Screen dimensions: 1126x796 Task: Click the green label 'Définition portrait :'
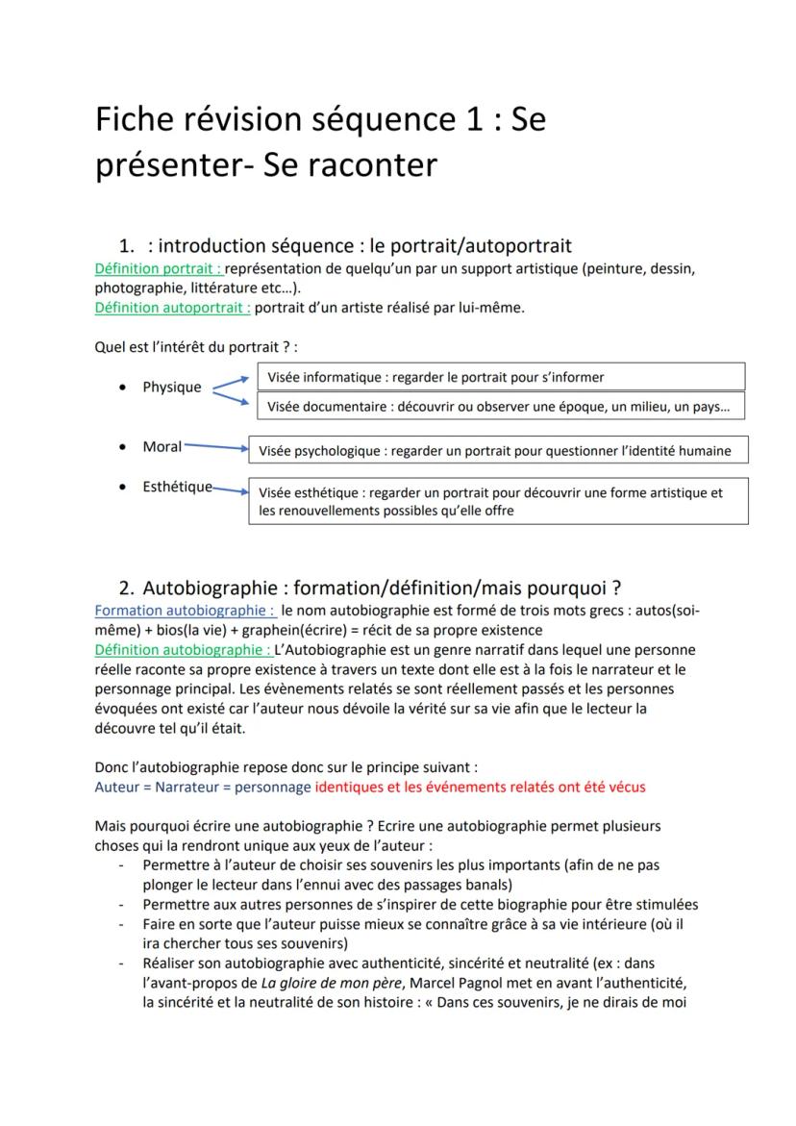click(x=159, y=268)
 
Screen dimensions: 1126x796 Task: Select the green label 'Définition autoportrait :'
click(x=173, y=308)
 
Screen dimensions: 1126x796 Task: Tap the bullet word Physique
click(x=172, y=388)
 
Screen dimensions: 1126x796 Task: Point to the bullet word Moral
click(x=162, y=447)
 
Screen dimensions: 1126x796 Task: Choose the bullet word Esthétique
click(x=177, y=487)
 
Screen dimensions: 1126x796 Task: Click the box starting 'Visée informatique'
click(x=500, y=377)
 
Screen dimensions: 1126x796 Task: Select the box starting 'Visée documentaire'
click(x=500, y=407)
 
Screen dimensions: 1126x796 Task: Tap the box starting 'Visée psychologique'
click(x=498, y=450)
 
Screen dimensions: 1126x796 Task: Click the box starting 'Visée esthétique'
click(x=498, y=501)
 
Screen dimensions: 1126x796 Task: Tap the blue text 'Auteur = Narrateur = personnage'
click(x=203, y=787)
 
